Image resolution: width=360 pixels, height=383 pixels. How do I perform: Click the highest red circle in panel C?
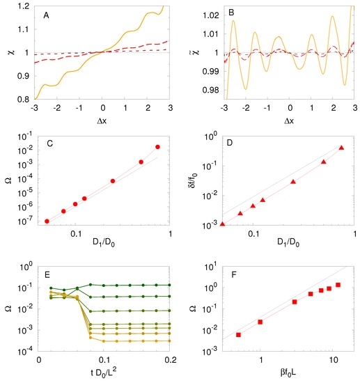point(157,147)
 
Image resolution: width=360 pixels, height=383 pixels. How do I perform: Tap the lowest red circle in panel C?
point(47,221)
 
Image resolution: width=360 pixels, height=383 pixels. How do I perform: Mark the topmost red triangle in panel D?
point(341,148)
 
